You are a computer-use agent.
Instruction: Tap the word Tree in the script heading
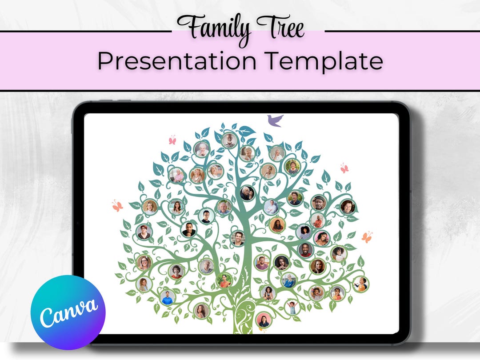point(279,28)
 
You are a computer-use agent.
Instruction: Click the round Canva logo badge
point(68,306)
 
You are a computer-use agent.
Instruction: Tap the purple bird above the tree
point(275,120)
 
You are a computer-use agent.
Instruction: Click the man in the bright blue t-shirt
point(168,297)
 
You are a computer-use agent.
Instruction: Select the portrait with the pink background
point(263,320)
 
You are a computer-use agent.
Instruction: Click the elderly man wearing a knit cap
point(318,203)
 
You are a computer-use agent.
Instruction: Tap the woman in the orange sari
point(224,280)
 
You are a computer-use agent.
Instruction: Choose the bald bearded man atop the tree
point(229,140)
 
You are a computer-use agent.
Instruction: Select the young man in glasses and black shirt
point(206,216)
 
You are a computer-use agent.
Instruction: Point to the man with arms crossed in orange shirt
point(317,220)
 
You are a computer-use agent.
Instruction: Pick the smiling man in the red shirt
point(305,250)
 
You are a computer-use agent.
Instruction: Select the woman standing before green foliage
point(295,198)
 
